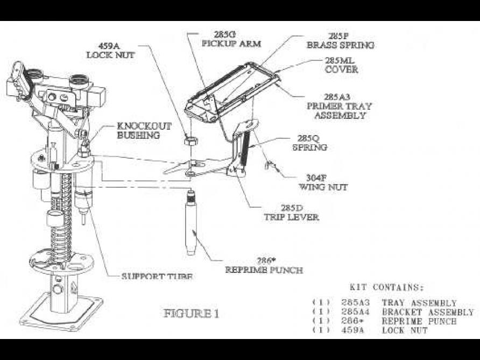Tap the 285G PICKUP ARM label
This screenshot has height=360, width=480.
(x=231, y=39)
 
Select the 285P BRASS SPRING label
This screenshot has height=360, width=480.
(x=340, y=41)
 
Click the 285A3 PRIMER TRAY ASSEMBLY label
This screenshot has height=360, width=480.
(x=340, y=105)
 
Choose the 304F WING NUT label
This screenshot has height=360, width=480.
(x=323, y=183)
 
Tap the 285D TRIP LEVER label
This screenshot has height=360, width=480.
(x=291, y=213)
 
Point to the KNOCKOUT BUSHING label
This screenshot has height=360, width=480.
(x=144, y=131)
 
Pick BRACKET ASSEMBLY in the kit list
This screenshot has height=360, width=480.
(x=427, y=312)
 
